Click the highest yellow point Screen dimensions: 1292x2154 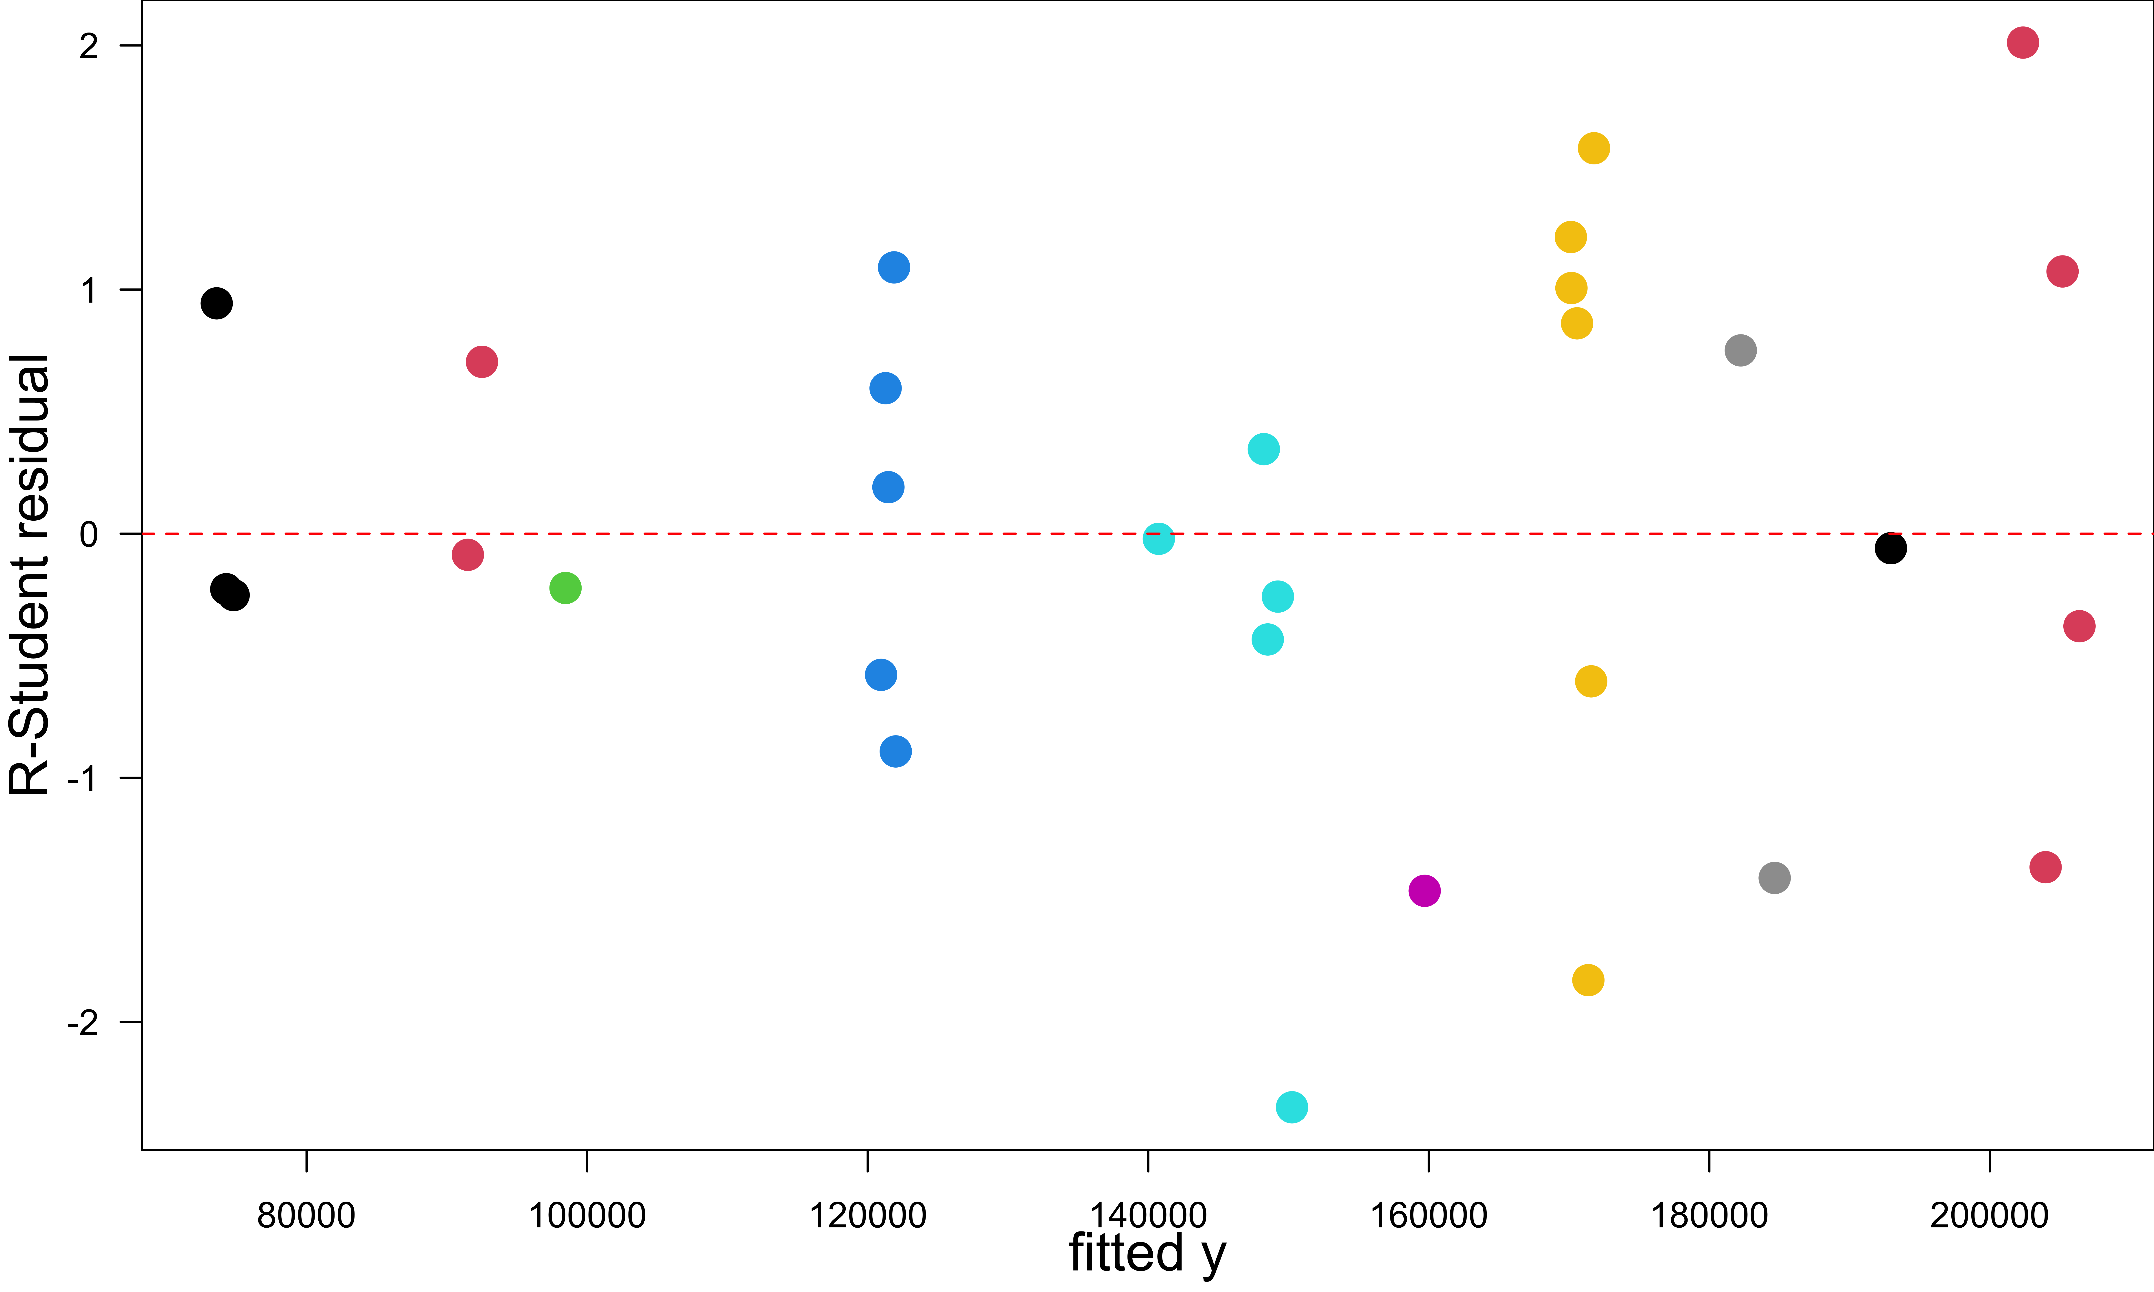pos(1593,148)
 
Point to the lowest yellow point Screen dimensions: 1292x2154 pos(1588,980)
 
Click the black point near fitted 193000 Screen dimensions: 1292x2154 pos(1890,548)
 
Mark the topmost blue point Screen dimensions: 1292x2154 pos(893,267)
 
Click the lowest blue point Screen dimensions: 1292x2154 pos(895,751)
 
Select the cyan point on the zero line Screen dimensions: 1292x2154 pos(1158,539)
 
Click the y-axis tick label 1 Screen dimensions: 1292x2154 pos(89,291)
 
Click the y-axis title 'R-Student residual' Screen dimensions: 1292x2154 pos(29,575)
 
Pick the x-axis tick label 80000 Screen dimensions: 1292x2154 pos(306,1215)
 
